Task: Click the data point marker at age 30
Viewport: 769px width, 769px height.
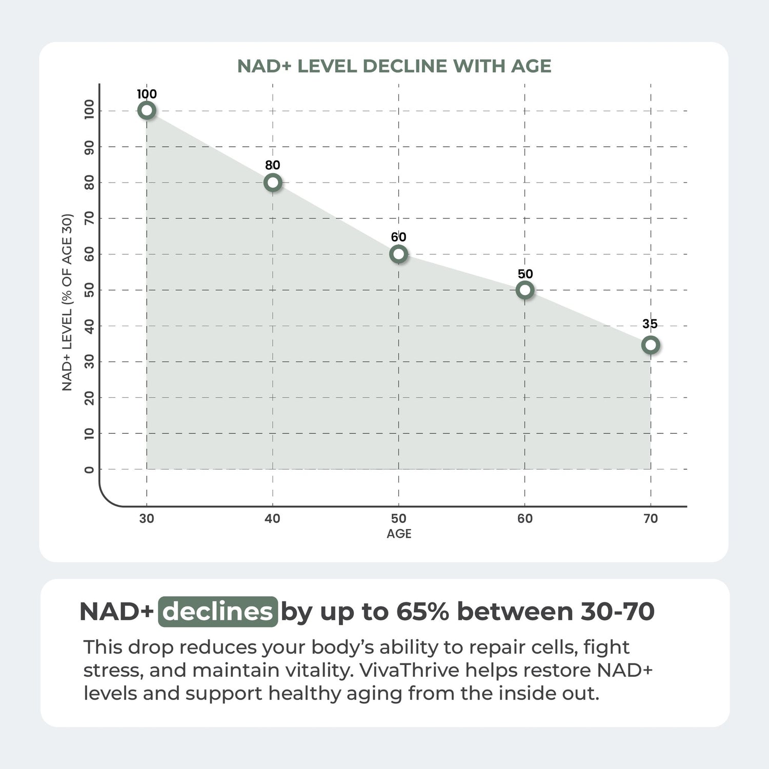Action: point(147,110)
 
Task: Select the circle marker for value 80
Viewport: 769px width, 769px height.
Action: point(273,182)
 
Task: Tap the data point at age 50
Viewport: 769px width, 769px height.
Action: point(398,254)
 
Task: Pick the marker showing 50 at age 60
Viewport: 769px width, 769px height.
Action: point(524,290)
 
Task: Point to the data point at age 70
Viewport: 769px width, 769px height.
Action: point(651,345)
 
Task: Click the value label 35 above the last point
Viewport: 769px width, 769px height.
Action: point(650,323)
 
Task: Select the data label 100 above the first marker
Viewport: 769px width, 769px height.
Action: point(147,94)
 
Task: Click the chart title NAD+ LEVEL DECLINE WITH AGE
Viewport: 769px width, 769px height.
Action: point(394,66)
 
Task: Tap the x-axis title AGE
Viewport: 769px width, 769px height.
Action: point(399,534)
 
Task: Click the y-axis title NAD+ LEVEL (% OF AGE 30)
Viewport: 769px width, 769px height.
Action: point(67,302)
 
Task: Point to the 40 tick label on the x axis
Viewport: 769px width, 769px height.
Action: point(272,518)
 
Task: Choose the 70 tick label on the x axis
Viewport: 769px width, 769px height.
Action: point(651,518)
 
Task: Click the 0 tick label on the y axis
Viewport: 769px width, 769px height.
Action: point(89,469)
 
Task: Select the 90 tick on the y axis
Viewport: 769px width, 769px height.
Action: point(89,147)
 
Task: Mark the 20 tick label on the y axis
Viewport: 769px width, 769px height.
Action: point(89,398)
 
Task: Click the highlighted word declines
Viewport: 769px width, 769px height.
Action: point(218,612)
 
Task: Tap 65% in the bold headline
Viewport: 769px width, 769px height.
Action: point(422,612)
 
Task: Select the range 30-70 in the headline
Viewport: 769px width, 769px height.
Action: point(618,612)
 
